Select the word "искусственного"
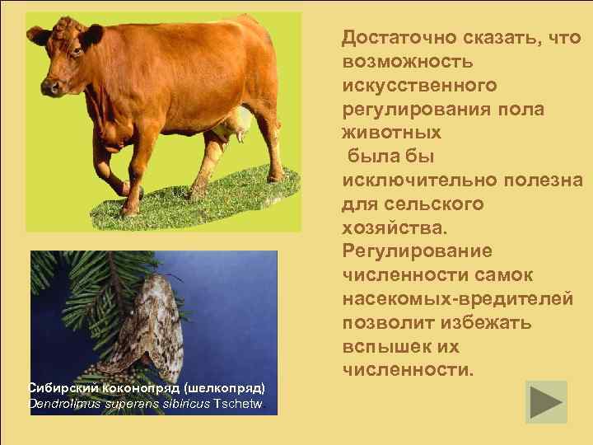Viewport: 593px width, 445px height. click(x=419, y=86)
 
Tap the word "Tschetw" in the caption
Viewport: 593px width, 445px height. click(x=240, y=404)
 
